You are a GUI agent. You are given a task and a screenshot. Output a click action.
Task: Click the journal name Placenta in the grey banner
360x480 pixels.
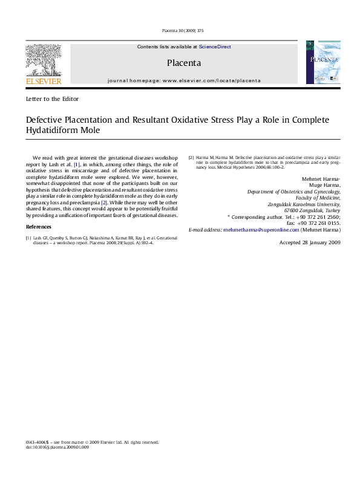point(184,62)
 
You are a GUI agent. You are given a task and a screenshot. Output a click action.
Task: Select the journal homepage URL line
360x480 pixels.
point(184,80)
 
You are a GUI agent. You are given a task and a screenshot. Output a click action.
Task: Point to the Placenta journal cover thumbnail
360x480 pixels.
point(318,62)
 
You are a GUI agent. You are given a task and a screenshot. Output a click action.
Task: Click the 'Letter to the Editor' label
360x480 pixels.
point(51,98)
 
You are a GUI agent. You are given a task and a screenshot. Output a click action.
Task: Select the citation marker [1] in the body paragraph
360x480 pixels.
point(76,164)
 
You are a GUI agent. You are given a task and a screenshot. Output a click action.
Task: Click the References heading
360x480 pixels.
point(39,226)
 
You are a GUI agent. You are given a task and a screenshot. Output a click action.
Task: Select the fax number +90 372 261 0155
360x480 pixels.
point(319,223)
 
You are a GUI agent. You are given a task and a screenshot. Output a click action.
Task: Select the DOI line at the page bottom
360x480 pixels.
point(57,447)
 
